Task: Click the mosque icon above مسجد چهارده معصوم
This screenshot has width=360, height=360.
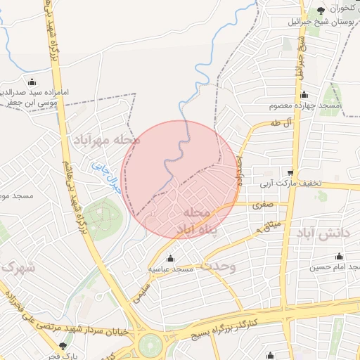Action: (304, 95)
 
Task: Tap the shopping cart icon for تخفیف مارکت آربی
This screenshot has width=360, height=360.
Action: (290, 173)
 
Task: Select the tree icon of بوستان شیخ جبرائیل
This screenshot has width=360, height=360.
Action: (321, 10)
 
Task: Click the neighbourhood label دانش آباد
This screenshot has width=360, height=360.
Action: (321, 233)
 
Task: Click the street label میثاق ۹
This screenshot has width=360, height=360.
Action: (268, 226)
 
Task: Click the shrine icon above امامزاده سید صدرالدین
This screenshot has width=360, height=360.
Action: (32, 82)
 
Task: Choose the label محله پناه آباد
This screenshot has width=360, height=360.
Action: (193, 220)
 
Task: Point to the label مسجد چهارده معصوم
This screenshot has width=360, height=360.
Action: (304, 105)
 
